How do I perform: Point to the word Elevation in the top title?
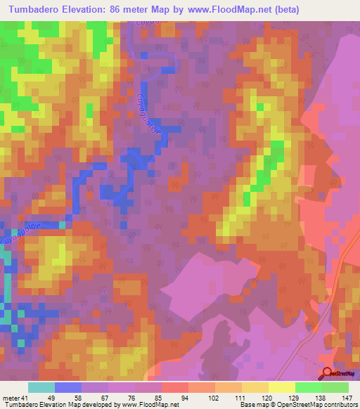101,10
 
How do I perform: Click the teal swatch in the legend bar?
41,388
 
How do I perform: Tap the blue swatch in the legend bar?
68,388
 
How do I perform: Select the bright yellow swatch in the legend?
281,388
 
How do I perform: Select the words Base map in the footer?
255,405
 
